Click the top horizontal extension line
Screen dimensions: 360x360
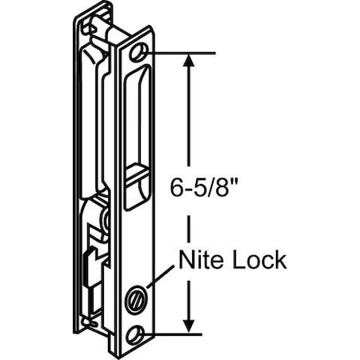pyautogui.click(x=180, y=54)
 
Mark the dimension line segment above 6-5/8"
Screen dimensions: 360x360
pyautogui.click(x=189, y=120)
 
